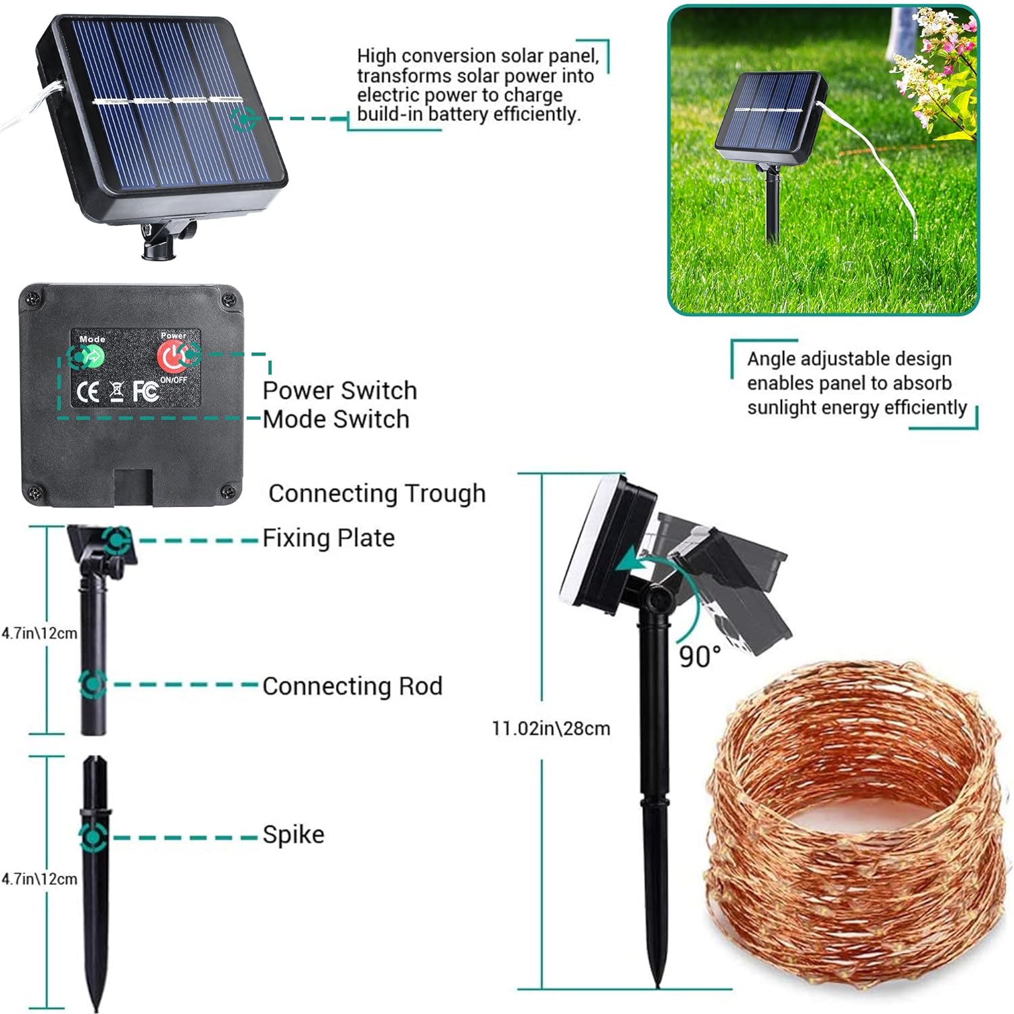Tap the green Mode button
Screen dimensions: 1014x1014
(x=92, y=356)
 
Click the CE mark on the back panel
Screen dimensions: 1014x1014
(x=89, y=391)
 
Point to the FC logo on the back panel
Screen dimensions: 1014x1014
(x=145, y=391)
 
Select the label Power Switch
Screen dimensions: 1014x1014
(x=339, y=391)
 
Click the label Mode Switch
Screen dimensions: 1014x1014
(x=336, y=420)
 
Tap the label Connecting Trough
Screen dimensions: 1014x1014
(x=377, y=493)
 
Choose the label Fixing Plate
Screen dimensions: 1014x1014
(x=329, y=538)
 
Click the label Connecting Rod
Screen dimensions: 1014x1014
(x=352, y=686)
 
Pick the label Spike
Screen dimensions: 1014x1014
(x=293, y=835)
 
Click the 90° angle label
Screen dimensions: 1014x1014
(x=700, y=656)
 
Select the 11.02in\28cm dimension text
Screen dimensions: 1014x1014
(x=551, y=729)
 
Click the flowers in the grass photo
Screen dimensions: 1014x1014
(x=936, y=81)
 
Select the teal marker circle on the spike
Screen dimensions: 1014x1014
(x=93, y=838)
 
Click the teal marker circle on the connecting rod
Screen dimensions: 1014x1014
(x=93, y=684)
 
